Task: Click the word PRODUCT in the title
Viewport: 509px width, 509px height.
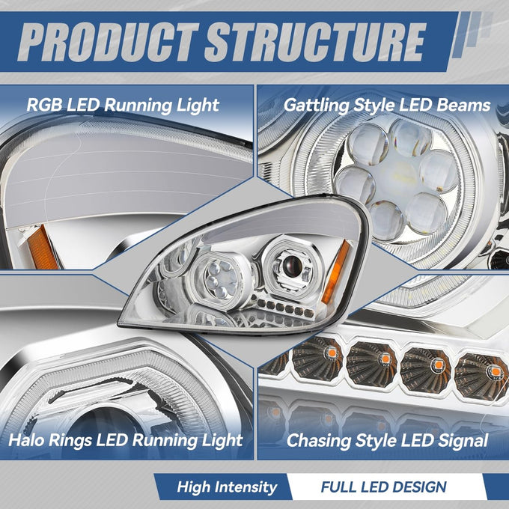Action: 108,42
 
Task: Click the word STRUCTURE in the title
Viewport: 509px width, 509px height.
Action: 315,42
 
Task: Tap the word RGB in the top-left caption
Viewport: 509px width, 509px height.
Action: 44,105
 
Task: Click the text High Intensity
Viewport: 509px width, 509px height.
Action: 227,487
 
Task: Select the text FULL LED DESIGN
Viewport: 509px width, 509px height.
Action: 384,487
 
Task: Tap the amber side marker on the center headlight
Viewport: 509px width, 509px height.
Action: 335,272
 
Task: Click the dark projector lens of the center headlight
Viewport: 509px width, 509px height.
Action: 292,265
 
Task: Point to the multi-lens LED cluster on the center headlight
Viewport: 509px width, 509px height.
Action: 221,279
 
